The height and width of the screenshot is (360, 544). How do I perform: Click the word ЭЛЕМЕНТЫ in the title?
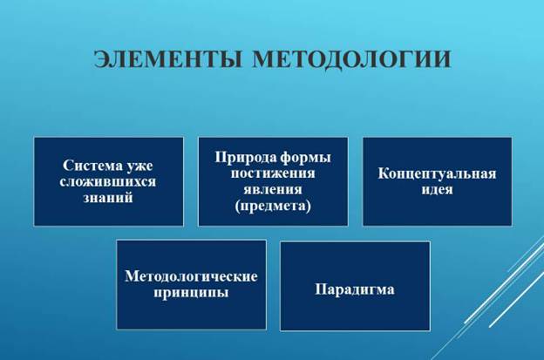[168, 59]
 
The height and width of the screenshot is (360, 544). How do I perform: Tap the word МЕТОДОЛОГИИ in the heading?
[351, 59]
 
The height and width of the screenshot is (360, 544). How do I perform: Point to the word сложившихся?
[108, 181]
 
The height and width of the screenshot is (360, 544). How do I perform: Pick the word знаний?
[108, 198]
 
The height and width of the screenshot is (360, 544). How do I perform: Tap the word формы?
[306, 158]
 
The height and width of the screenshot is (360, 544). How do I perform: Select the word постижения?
[273, 173]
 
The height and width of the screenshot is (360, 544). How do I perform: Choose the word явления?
[273, 189]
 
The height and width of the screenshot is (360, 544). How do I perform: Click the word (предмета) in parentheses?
[273, 206]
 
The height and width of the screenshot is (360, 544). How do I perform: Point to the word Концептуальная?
[437, 174]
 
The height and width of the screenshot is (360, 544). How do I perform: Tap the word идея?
[437, 190]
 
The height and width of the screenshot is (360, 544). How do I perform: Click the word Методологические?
[191, 276]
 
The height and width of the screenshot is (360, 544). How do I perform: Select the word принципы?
[191, 293]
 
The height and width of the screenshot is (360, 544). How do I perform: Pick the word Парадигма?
[355, 289]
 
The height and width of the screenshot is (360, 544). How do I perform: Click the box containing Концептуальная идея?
[437, 181]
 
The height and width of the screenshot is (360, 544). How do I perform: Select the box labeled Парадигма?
[355, 286]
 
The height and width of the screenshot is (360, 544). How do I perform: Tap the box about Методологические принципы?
[192, 285]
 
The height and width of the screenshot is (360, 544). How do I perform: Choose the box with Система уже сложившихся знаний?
[109, 181]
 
